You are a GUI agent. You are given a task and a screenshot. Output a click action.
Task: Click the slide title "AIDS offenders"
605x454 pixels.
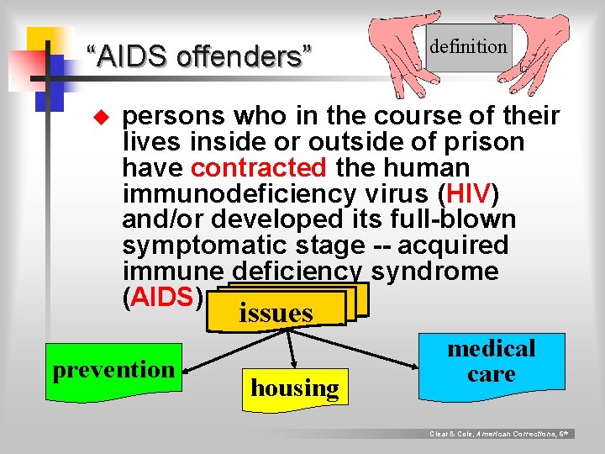click(x=198, y=57)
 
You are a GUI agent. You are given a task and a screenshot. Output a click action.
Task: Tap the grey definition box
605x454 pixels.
click(x=468, y=47)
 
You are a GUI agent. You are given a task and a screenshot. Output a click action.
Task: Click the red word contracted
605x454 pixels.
click(x=258, y=167)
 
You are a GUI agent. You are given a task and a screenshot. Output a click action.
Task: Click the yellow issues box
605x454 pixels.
click(x=276, y=312)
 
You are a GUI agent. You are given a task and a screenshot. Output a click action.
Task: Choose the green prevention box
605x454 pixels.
click(x=113, y=369)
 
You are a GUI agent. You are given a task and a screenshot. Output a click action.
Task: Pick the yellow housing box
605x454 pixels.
click(x=294, y=388)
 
